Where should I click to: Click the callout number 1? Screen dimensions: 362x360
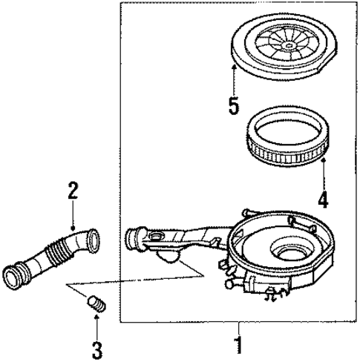239,346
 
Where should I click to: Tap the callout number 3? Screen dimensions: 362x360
96,348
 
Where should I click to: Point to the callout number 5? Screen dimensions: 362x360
234,105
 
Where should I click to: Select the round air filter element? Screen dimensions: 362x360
289,138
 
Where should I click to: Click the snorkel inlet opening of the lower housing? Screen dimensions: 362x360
134,240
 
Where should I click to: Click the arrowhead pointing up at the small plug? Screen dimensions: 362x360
96,317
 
